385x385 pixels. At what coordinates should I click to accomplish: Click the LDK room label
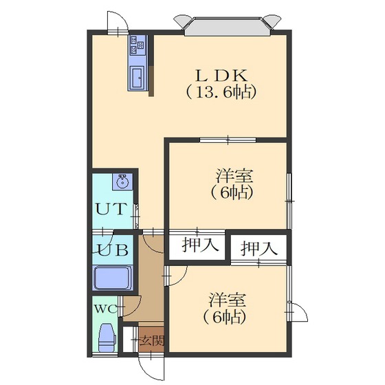pyautogui.click(x=221, y=76)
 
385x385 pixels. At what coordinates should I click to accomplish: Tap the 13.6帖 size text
pyautogui.click(x=221, y=92)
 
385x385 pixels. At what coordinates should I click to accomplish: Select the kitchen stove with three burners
pyautogui.click(x=137, y=45)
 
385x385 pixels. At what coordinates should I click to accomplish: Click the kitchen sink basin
pyautogui.click(x=137, y=77)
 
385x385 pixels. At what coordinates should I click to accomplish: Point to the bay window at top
pyautogui.click(x=228, y=25)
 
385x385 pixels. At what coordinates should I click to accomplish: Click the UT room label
pyautogui.click(x=111, y=209)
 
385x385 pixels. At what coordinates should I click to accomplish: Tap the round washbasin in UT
pyautogui.click(x=122, y=181)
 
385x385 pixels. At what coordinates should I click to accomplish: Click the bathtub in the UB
pyautogui.click(x=113, y=278)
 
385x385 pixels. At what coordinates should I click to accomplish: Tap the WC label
pyautogui.click(x=106, y=309)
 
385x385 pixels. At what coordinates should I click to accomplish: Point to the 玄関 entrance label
pyautogui.click(x=153, y=340)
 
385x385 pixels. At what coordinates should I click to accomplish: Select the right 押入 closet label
pyautogui.click(x=259, y=248)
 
